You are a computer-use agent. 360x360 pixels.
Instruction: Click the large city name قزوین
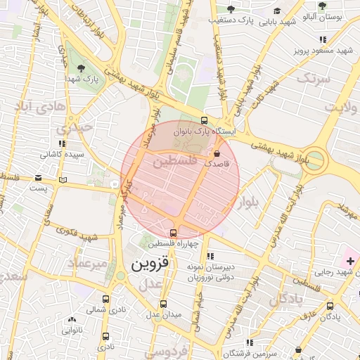click(x=150, y=265)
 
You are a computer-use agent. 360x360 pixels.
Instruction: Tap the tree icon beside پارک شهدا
click(x=82, y=68)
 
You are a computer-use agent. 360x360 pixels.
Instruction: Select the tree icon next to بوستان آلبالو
click(x=322, y=6)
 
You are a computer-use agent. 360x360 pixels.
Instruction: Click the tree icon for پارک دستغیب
click(x=230, y=9)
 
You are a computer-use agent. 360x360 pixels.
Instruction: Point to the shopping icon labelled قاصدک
click(x=217, y=152)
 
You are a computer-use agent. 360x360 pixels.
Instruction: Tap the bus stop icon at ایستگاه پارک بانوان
click(x=204, y=120)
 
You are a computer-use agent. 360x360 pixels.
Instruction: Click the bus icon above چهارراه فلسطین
click(x=173, y=233)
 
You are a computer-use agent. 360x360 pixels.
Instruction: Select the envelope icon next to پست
click(x=64, y=181)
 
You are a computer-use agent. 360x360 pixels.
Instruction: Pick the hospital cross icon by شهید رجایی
click(x=350, y=262)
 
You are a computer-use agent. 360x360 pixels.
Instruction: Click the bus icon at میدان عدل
click(x=164, y=304)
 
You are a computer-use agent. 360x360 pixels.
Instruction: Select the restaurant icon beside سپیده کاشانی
click(x=63, y=143)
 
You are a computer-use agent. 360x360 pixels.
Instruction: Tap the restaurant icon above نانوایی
click(x=71, y=318)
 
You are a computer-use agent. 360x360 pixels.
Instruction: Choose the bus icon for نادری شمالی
click(x=106, y=299)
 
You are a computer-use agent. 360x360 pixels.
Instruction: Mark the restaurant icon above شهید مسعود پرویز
click(x=323, y=40)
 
